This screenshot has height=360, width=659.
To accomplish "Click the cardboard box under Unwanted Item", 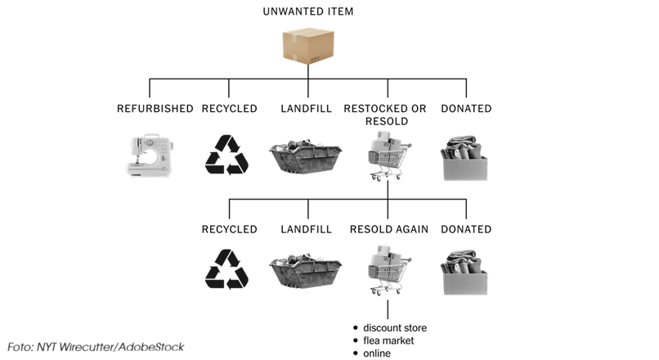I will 307,47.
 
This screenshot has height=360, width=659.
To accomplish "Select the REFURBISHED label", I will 155,108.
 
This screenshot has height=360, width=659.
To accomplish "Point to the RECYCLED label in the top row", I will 229,108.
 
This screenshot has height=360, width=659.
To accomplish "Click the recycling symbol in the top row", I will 226,155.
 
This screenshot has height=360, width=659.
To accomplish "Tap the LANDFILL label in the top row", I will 306,108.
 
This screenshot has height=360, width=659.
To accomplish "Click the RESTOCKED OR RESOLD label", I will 384,115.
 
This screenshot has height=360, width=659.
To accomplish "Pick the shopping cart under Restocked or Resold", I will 386,160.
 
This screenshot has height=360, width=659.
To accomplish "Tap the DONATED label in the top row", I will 466,108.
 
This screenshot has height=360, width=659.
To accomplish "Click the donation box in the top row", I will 465,158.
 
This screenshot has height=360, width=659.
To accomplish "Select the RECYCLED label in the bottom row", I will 229,229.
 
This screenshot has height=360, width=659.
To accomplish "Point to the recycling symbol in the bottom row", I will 226,271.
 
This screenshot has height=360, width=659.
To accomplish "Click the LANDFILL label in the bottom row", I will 306,229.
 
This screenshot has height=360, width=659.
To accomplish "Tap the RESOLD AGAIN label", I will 388,229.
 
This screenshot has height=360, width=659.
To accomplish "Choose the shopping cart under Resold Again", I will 386,272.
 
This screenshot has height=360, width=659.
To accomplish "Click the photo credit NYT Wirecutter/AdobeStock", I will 96,347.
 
